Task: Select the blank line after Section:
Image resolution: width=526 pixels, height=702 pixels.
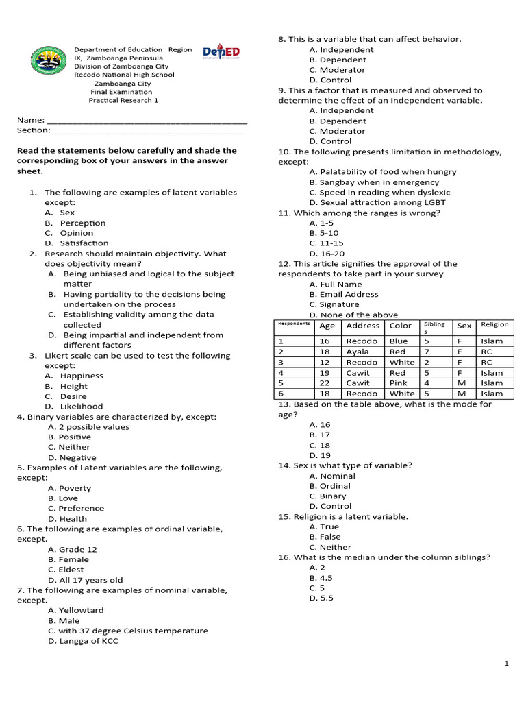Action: [147, 131]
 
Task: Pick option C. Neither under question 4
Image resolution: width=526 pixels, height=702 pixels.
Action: [69, 447]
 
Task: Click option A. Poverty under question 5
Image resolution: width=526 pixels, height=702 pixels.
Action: [69, 488]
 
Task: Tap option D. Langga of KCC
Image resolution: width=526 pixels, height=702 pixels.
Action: [83, 641]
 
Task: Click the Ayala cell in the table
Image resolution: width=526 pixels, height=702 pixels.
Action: [358, 352]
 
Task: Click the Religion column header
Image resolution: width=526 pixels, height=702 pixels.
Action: [494, 325]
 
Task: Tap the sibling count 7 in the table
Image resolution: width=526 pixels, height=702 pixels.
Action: [427, 352]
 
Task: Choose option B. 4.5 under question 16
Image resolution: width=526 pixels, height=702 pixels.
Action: [321, 578]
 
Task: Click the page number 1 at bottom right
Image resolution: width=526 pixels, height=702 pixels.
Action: [506, 664]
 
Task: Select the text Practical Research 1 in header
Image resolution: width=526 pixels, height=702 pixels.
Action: [123, 100]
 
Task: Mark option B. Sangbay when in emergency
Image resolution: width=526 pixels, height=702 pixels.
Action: [374, 182]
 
